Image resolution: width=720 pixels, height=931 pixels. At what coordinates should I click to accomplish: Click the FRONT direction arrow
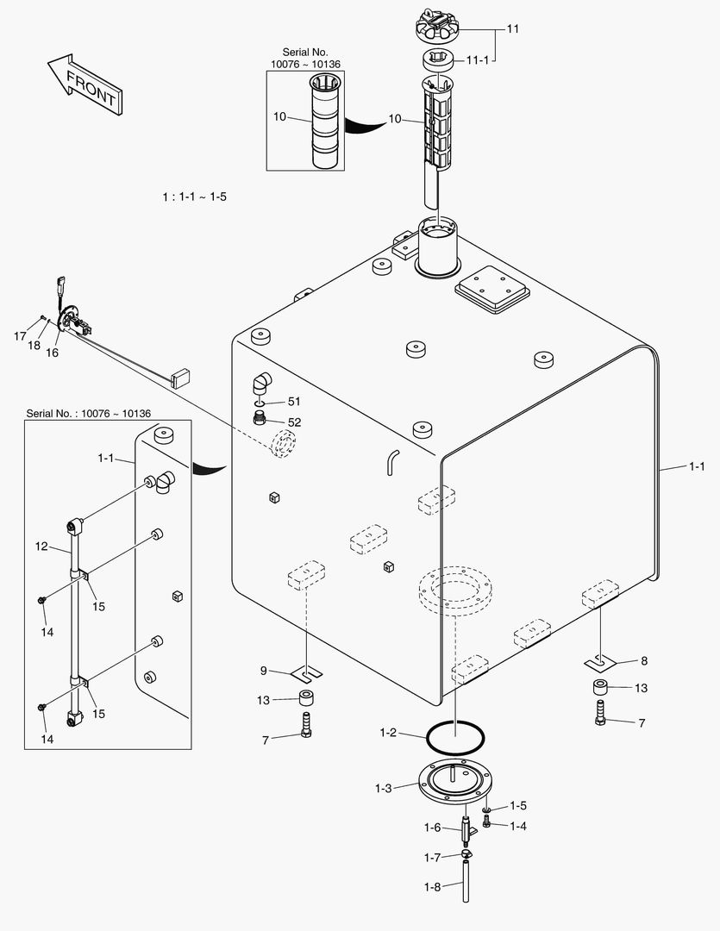coord(84,84)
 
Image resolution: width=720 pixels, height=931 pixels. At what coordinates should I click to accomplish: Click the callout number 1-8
coord(431,887)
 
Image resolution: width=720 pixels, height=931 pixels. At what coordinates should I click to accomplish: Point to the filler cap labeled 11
coord(444,24)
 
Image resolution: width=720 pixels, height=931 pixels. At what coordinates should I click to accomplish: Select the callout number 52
coord(294,422)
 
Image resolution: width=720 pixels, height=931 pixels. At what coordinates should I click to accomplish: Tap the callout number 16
coord(52,352)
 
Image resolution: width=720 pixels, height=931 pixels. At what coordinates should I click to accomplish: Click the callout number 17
coord(20,336)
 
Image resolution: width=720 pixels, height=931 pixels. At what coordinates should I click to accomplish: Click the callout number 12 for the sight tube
coord(41,546)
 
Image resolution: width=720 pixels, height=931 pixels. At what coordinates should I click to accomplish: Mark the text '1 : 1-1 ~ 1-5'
coord(194,197)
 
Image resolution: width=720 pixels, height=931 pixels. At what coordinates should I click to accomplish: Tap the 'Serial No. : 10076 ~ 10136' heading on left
coord(88,414)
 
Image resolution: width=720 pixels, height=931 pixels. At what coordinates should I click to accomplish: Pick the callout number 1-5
coord(517,806)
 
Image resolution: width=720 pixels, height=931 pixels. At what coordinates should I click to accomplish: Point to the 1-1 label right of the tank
coord(696,466)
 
